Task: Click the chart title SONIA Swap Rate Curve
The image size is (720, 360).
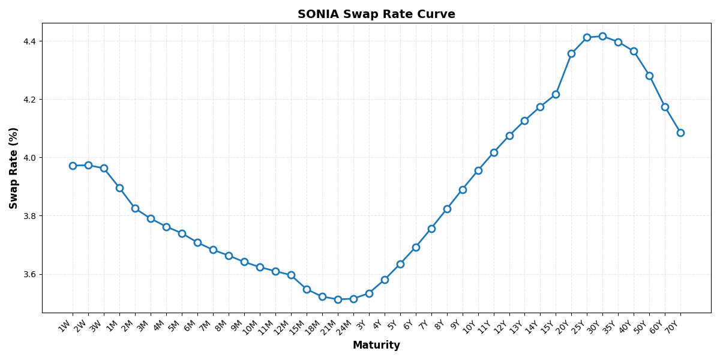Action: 376,14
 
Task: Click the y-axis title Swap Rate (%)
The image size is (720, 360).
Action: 14,168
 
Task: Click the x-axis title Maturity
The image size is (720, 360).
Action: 376,346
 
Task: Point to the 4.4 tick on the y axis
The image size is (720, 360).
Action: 29,41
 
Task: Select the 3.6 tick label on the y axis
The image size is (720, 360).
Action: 29,274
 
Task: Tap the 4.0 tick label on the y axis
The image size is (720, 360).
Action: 29,158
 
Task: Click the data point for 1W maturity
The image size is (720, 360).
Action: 73,166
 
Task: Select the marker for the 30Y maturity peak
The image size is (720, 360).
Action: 602,36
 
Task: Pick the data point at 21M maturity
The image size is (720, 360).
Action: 338,299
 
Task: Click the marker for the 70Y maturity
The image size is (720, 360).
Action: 680,133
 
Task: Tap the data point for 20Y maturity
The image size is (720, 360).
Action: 571,53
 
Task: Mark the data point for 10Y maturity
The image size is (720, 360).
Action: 478,170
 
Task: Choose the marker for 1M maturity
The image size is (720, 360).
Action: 119,188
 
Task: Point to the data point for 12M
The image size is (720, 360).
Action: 291,275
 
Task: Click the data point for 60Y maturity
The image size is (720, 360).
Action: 665,107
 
